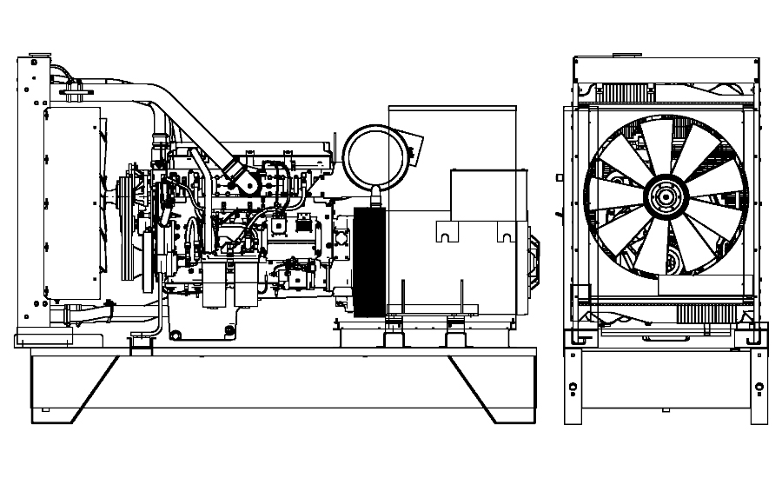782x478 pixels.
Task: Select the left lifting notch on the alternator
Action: [446, 233]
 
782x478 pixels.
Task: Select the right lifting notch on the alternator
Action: [507, 233]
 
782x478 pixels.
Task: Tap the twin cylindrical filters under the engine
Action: [222, 287]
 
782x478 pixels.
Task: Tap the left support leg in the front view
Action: [573, 382]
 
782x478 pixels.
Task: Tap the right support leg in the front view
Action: [759, 382]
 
